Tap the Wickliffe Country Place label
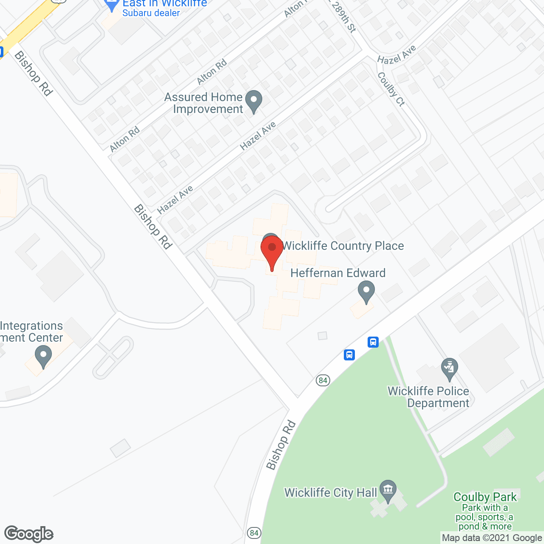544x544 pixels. [343, 246]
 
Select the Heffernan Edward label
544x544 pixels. [338, 273]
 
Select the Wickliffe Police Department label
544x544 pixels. [428, 397]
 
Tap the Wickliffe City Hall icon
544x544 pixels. [388, 490]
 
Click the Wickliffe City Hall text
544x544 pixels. [331, 493]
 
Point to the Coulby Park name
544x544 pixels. [485, 497]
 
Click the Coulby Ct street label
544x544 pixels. [391, 89]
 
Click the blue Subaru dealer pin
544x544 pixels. [112, 4]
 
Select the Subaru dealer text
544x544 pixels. [151, 13]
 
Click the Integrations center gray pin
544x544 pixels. [43, 356]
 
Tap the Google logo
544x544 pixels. [29, 534]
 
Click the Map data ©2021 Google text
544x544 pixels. [492, 538]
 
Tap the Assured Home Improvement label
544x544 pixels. [204, 103]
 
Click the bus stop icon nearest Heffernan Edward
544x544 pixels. [373, 342]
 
